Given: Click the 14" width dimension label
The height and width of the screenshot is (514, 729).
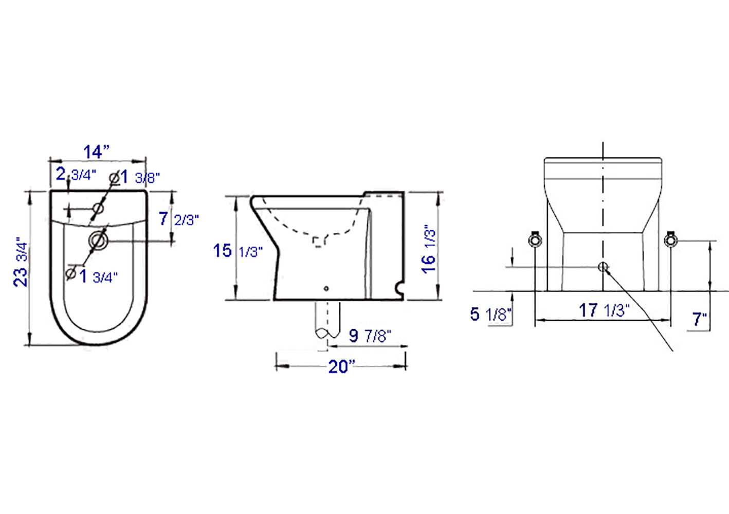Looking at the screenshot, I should point(97,152).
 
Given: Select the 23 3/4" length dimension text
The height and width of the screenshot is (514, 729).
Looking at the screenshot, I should point(21,262).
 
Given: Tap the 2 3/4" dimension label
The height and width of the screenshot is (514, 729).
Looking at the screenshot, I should point(76,174).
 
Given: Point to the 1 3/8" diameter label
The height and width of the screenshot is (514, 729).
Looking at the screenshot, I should point(135,177).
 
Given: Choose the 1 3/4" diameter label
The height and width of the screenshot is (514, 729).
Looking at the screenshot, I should point(93,276).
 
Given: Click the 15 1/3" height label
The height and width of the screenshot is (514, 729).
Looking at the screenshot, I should point(238,251).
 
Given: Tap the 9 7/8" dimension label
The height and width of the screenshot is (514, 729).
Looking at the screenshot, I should point(370,336).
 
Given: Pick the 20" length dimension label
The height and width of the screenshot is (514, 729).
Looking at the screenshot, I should point(342,366).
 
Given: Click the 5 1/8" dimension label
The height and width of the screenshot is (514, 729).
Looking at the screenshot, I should point(490,314).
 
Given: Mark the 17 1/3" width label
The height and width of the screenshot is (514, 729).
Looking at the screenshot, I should point(604,310).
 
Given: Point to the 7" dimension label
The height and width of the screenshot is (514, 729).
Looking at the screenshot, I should point(699,319).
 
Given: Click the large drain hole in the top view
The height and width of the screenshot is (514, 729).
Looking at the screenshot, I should point(98,240).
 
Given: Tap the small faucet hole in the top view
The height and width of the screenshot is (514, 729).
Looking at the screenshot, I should point(98,209).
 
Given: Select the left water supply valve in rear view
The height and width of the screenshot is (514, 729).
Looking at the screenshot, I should point(535,240).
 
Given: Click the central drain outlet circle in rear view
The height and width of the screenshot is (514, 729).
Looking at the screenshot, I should point(603,266).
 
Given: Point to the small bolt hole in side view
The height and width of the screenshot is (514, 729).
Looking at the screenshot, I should point(326,289).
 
